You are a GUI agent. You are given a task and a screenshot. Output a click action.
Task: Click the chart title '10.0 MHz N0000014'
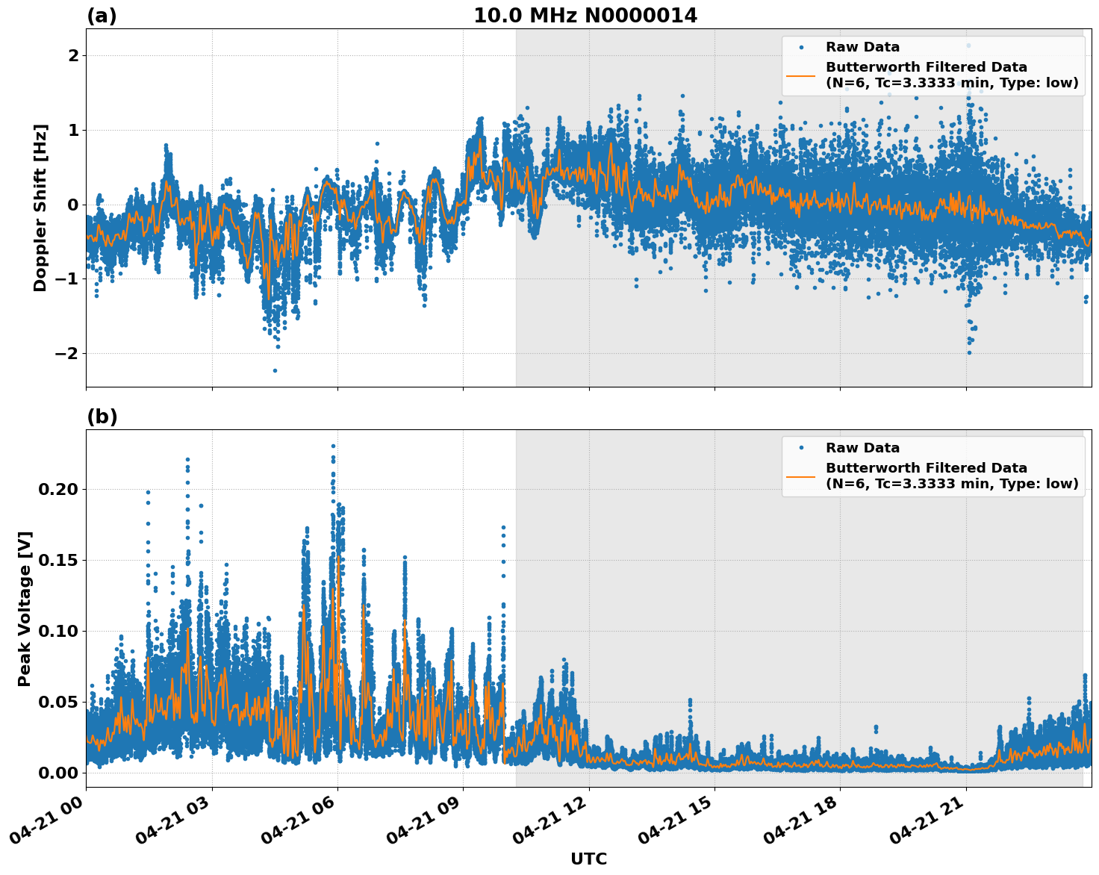pyautogui.click(x=585, y=16)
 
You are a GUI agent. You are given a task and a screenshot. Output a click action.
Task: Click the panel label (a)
pyautogui.click(x=102, y=16)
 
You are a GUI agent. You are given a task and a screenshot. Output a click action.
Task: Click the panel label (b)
pyautogui.click(x=102, y=417)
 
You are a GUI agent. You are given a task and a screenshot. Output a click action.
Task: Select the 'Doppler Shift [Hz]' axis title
pyautogui.click(x=40, y=208)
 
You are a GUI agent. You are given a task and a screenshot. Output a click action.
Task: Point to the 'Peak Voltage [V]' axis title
pyautogui.click(x=25, y=608)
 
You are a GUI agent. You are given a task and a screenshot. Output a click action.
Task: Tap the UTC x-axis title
pyautogui.click(x=588, y=859)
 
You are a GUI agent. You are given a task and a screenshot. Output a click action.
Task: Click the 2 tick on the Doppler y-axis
pyautogui.click(x=73, y=56)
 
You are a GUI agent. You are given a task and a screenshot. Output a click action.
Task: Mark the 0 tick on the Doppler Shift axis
pyautogui.click(x=73, y=205)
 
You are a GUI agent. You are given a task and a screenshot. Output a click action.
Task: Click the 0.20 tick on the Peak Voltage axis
pyautogui.click(x=57, y=490)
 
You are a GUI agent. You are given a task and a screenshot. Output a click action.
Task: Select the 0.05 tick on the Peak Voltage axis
pyautogui.click(x=57, y=702)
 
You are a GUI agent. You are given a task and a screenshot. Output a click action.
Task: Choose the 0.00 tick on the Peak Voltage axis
pyautogui.click(x=57, y=773)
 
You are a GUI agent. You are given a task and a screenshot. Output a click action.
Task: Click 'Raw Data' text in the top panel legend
pyautogui.click(x=862, y=47)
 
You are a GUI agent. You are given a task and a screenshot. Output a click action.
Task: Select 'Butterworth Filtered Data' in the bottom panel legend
pyautogui.click(x=926, y=468)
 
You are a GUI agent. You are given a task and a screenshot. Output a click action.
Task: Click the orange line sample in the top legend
pyautogui.click(x=800, y=75)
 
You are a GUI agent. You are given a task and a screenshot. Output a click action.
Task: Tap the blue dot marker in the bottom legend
pyautogui.click(x=800, y=448)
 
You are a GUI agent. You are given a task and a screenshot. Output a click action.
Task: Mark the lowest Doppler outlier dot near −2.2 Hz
pyautogui.click(x=275, y=370)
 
